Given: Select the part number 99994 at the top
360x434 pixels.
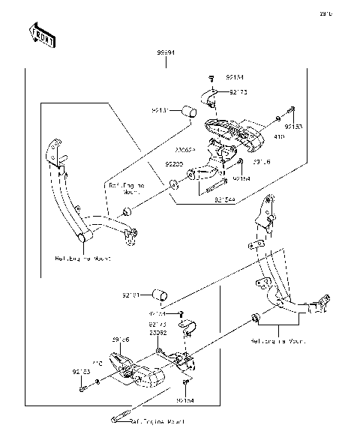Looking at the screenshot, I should pos(166,53).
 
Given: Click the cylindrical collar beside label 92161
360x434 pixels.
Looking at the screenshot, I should pos(156,292).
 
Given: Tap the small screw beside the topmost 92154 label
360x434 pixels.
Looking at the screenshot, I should pos(211,77).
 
